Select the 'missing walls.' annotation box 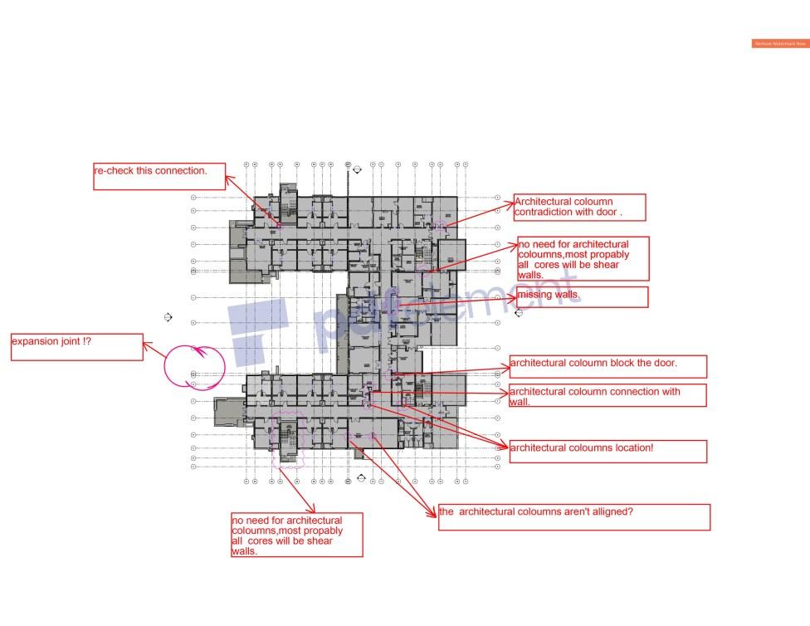582,296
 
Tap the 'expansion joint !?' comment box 76,347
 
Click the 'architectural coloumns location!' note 607,451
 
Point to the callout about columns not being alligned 573,516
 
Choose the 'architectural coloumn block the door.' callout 607,366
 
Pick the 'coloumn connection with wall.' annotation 607,395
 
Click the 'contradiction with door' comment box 579,208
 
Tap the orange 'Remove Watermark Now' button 780,43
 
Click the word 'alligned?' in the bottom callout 612,512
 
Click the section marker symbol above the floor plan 358,169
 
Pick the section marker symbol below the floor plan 361,478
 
